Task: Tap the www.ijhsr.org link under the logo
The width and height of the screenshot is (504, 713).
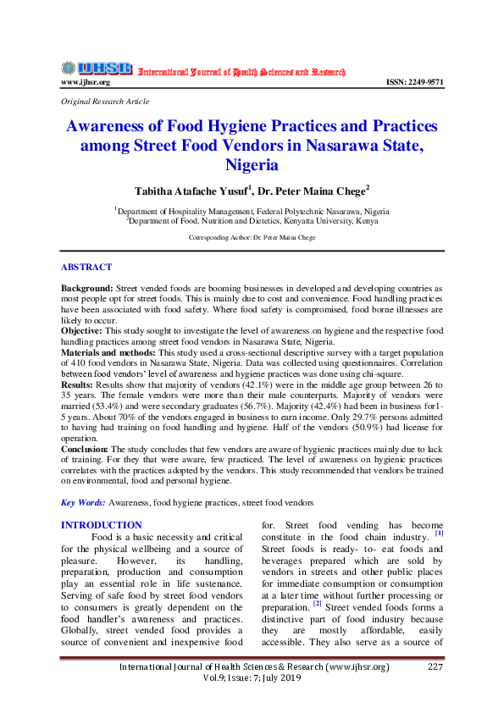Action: coord(86,82)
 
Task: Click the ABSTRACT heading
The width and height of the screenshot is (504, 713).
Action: coord(86,268)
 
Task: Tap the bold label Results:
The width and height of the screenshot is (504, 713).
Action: coord(78,384)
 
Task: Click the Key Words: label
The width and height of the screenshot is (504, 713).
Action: coord(83,503)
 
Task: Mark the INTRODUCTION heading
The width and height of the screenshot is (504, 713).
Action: coord(102,525)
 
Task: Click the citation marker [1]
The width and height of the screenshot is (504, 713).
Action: coord(439,533)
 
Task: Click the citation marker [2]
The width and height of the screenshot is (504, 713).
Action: coord(317,604)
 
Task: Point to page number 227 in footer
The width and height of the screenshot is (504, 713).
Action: coord(435,667)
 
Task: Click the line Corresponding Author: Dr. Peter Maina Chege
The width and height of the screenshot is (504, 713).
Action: coord(252,238)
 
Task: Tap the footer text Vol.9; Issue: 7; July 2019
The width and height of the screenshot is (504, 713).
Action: coord(252,679)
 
